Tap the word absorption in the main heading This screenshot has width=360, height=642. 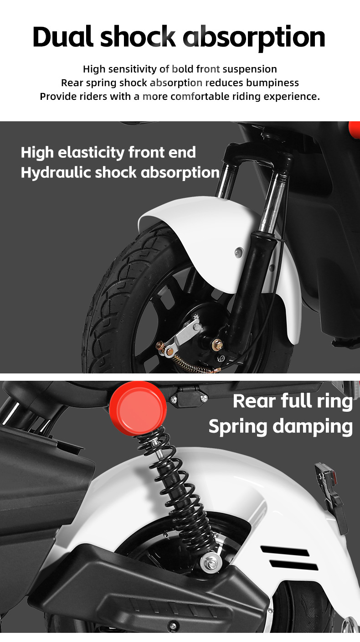(x=254, y=38)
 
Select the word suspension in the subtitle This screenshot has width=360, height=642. (x=250, y=70)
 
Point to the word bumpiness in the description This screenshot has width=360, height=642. (x=273, y=83)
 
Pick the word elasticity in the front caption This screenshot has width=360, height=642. (x=91, y=153)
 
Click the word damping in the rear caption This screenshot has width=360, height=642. (x=313, y=427)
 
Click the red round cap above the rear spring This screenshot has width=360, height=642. (x=138, y=408)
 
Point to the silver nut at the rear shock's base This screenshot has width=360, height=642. (x=211, y=563)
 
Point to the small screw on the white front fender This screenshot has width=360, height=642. (x=238, y=252)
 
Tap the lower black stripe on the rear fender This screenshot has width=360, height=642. (x=293, y=565)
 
